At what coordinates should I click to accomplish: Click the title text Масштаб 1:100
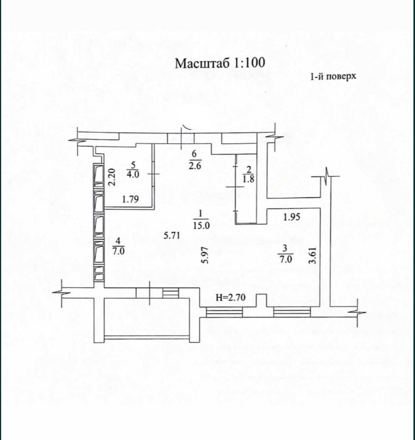220,63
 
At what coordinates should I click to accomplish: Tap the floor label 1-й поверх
333,76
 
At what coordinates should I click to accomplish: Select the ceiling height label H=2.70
231,297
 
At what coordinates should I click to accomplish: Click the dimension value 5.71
172,235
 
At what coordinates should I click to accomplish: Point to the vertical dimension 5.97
205,255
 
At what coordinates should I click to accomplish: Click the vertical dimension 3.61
312,255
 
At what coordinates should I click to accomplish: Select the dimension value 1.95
292,217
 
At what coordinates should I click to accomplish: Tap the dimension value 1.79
131,199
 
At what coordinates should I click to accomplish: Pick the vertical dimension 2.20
112,177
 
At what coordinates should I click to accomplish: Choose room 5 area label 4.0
133,174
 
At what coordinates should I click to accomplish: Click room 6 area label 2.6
194,165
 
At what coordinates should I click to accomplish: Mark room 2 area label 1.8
249,179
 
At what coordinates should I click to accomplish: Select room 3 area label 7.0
286,259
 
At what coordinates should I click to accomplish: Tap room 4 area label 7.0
118,251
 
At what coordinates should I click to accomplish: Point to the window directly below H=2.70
224,312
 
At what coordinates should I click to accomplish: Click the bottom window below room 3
292,312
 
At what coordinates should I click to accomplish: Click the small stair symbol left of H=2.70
171,293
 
